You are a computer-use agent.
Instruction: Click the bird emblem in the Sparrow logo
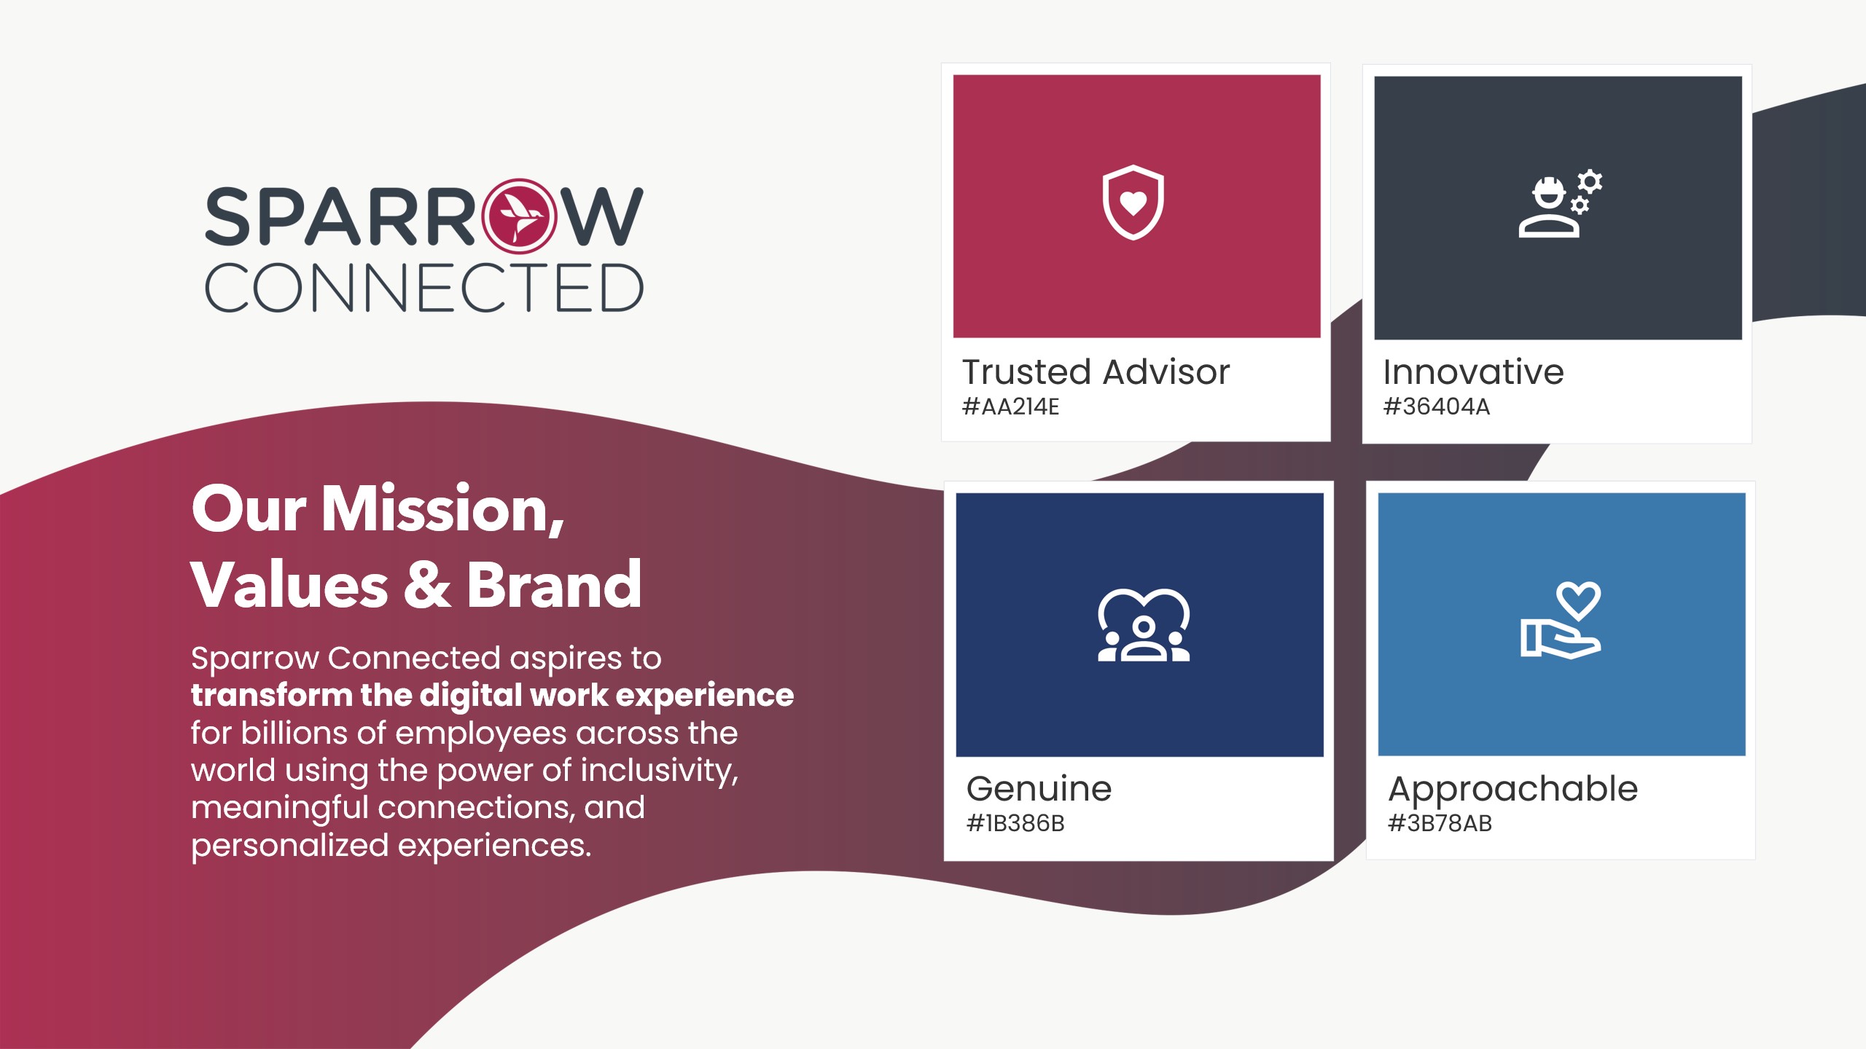pyautogui.click(x=519, y=216)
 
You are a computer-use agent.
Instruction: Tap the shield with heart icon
pyautogui.click(x=1133, y=203)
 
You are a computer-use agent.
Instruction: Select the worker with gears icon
pyautogui.click(x=1560, y=204)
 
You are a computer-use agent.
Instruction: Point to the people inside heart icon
pyautogui.click(x=1144, y=625)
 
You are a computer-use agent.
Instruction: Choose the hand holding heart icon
pyautogui.click(x=1561, y=621)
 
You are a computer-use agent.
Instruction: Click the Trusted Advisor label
pyautogui.click(x=1096, y=372)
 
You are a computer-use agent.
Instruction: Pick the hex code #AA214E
pyautogui.click(x=1011, y=406)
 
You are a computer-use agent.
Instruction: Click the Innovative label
pyautogui.click(x=1473, y=372)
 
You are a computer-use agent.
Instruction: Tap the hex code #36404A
pyautogui.click(x=1437, y=406)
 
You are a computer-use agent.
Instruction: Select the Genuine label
pyautogui.click(x=1039, y=789)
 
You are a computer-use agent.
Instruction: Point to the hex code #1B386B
pyautogui.click(x=1015, y=823)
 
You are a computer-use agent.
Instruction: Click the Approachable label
pyautogui.click(x=1513, y=790)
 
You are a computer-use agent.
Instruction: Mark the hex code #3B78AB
pyautogui.click(x=1440, y=823)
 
